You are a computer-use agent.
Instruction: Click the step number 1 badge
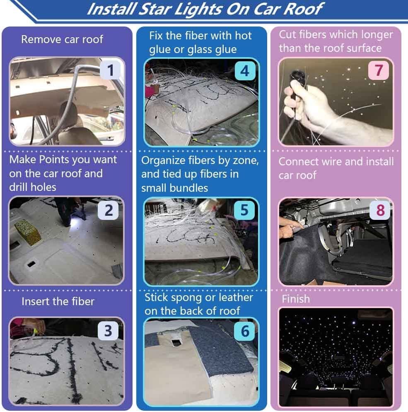pyautogui.click(x=110, y=70)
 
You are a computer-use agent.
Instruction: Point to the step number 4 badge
pyautogui.click(x=245, y=71)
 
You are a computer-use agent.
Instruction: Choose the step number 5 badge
pyautogui.click(x=245, y=210)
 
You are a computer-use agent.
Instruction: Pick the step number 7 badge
pyautogui.click(x=379, y=70)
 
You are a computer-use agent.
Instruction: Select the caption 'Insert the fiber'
pyautogui.click(x=58, y=301)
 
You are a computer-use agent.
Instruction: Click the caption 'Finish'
pyautogui.click(x=296, y=299)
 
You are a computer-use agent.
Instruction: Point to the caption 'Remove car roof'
pyautogui.click(x=62, y=39)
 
